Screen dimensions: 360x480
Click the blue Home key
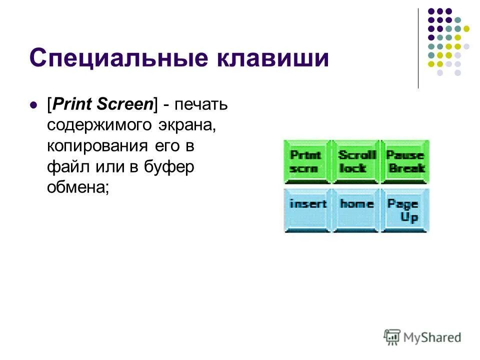click(356, 209)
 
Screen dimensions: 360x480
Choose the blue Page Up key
click(405, 210)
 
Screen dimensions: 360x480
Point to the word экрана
click(186, 126)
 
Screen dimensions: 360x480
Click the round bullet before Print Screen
click(34, 105)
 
